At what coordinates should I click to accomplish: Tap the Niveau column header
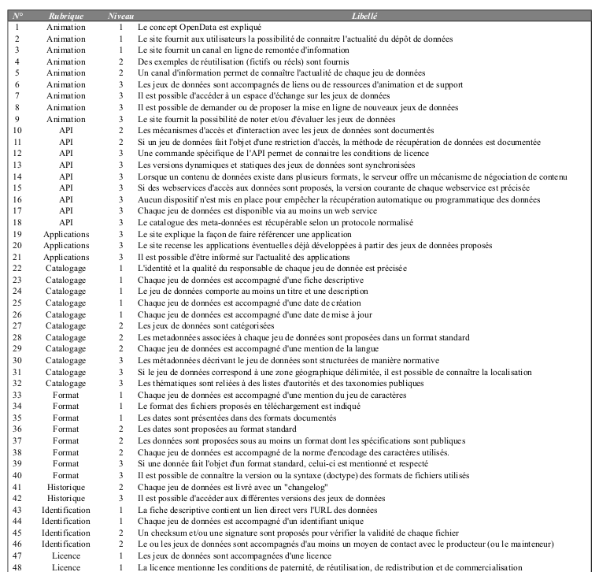point(120,16)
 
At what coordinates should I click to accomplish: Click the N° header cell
point(18,16)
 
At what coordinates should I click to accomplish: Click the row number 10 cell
point(18,130)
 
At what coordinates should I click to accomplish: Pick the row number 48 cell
point(18,566)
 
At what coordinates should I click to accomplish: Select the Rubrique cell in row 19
point(66,234)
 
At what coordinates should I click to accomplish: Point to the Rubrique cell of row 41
point(66,486)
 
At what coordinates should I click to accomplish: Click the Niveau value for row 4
point(120,61)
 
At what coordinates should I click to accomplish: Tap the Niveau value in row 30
point(120,360)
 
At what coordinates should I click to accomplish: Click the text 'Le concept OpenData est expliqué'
point(199,27)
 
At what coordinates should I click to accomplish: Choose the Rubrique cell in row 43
point(66,510)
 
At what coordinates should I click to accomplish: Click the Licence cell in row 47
point(66,555)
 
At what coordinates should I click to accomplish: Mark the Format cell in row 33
point(66,395)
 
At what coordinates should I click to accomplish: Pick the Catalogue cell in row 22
point(66,269)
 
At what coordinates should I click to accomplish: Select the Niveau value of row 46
point(120,544)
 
